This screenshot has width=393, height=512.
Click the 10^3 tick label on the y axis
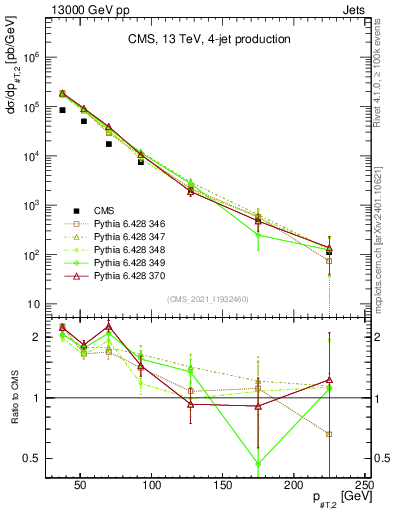click(x=30, y=206)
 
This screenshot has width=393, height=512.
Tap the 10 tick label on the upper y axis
click(x=32, y=304)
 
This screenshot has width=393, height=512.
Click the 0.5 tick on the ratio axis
click(x=31, y=458)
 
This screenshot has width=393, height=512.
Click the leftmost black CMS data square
click(x=62, y=110)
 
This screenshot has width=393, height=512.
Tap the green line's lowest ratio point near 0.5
click(x=259, y=463)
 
